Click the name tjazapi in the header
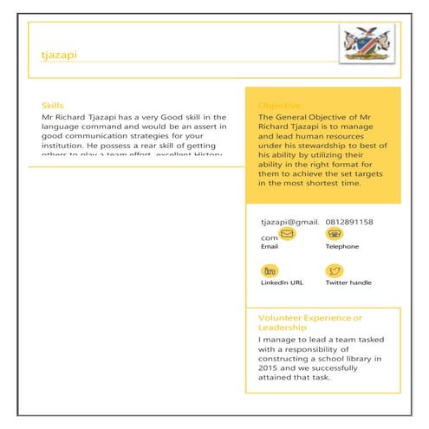point(59,55)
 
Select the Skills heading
point(52,105)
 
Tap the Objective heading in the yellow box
point(279,105)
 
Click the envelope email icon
point(288,234)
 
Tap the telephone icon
point(334,234)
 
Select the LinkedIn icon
point(270,270)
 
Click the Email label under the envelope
point(270,247)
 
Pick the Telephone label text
point(341,247)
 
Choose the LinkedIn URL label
point(282,283)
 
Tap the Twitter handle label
point(348,283)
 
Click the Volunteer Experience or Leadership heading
point(310,322)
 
